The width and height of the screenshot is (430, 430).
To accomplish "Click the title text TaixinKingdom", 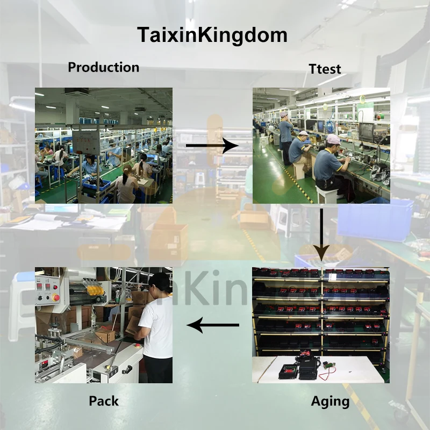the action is [x=212, y=35].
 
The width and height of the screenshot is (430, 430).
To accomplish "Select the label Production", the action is [x=103, y=67].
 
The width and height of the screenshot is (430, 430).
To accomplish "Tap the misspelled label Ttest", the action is [x=325, y=69].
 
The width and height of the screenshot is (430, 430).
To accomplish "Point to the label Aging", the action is [x=330, y=401].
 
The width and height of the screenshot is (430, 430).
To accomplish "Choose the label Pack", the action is [x=103, y=401].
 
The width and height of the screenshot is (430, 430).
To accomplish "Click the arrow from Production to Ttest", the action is [x=212, y=146].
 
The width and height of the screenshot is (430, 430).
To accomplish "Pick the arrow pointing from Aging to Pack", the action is [x=213, y=325].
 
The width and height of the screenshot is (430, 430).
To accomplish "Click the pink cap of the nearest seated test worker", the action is [x=333, y=139].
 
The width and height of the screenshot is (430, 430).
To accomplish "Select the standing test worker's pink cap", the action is [x=284, y=114].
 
